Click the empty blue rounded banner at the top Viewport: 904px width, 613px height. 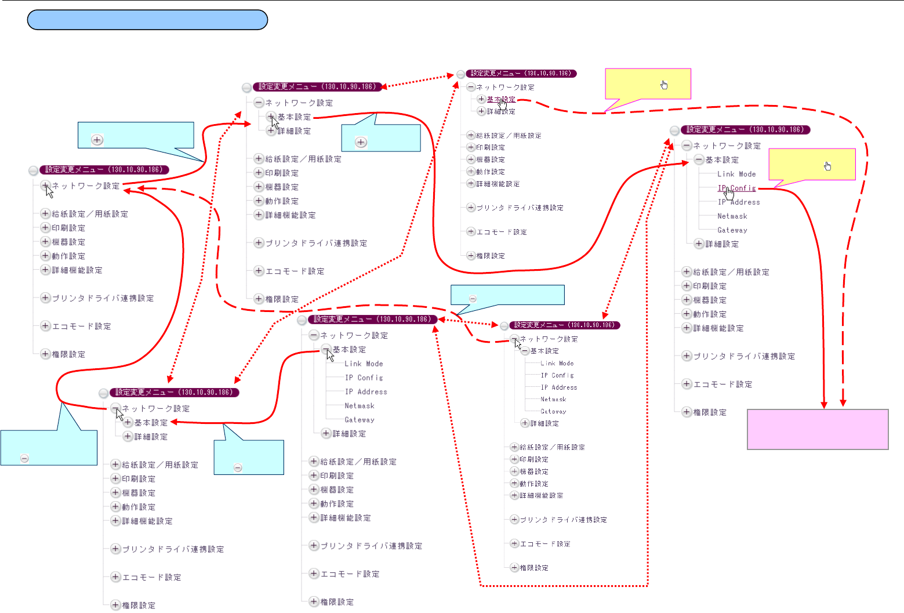(x=147, y=20)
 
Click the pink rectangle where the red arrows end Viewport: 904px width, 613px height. (x=818, y=430)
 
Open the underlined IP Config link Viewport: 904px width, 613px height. (x=737, y=188)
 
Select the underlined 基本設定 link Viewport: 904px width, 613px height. (x=500, y=99)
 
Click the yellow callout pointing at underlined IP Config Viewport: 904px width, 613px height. (x=812, y=165)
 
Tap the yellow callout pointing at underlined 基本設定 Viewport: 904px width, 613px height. (x=648, y=84)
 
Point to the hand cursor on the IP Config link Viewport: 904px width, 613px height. (x=729, y=193)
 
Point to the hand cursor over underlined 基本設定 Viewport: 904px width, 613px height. (x=503, y=104)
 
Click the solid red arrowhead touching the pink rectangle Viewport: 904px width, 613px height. (x=824, y=405)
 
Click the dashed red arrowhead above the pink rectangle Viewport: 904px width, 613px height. (x=844, y=402)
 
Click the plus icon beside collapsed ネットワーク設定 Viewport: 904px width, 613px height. (x=45, y=186)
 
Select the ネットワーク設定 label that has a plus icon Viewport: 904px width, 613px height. (x=86, y=186)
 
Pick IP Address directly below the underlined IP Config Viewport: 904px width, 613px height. (x=739, y=202)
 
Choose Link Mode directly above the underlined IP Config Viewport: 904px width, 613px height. (x=736, y=174)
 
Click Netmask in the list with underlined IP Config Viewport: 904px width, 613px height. (x=732, y=216)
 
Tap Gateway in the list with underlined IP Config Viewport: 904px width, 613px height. (x=732, y=230)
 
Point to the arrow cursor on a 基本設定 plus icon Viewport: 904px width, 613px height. (x=275, y=121)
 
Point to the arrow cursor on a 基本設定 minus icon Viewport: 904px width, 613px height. (x=330, y=354)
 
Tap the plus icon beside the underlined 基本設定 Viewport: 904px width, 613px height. (x=481, y=99)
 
